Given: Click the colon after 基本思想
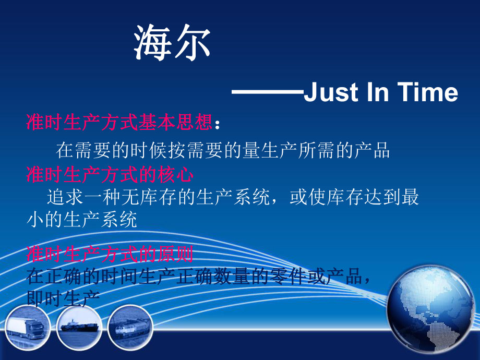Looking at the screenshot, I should point(218,124).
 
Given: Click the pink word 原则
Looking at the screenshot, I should point(176,255).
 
